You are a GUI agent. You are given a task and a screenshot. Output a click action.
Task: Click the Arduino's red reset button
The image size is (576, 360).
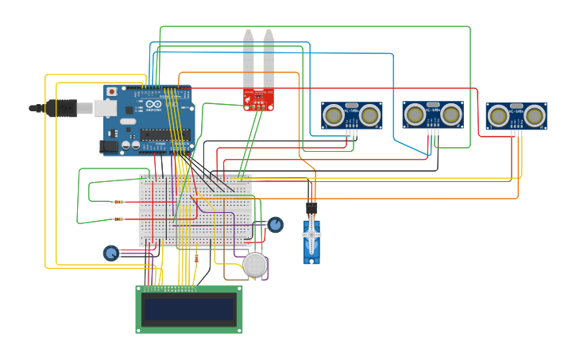[111, 91]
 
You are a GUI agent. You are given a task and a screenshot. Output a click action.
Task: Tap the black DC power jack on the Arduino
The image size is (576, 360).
[109, 146]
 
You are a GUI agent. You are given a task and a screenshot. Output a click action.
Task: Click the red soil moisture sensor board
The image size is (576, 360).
[258, 99]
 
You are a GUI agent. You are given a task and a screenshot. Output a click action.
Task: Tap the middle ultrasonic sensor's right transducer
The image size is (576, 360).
[451, 114]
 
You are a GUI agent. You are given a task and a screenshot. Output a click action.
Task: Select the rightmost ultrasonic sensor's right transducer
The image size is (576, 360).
[535, 116]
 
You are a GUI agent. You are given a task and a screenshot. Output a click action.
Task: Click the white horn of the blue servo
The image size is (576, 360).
[311, 236]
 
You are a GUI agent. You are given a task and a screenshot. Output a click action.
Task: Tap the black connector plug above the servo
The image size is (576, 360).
[311, 208]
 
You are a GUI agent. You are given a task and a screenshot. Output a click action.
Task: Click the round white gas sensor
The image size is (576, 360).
[255, 265]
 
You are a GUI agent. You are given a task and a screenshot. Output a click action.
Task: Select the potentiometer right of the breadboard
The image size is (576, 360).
[275, 225]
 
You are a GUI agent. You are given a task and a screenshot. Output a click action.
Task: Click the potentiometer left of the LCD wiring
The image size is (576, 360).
[111, 254]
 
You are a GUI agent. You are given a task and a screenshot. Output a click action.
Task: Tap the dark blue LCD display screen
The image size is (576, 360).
[188, 309]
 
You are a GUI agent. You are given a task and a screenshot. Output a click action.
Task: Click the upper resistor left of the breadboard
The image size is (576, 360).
[118, 202]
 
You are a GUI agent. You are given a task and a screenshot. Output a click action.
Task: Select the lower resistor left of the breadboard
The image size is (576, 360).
[118, 219]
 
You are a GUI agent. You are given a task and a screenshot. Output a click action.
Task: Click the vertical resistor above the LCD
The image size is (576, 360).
[196, 257]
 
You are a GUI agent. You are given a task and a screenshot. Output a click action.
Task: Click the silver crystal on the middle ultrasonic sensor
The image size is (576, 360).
[433, 104]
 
